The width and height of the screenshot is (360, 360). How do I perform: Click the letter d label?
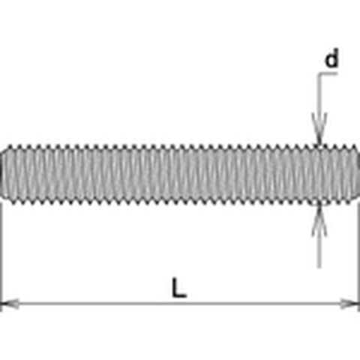(331, 58)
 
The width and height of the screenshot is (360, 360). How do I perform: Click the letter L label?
(179, 287)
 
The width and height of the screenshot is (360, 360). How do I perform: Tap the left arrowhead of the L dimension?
(10, 304)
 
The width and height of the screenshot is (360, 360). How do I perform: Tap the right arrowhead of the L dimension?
(350, 304)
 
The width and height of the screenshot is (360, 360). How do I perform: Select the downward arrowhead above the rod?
(319, 129)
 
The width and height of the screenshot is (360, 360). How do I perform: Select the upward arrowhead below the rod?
(319, 220)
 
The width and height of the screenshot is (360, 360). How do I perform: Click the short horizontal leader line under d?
(328, 73)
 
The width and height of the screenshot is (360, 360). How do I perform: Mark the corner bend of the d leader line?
(319, 73)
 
